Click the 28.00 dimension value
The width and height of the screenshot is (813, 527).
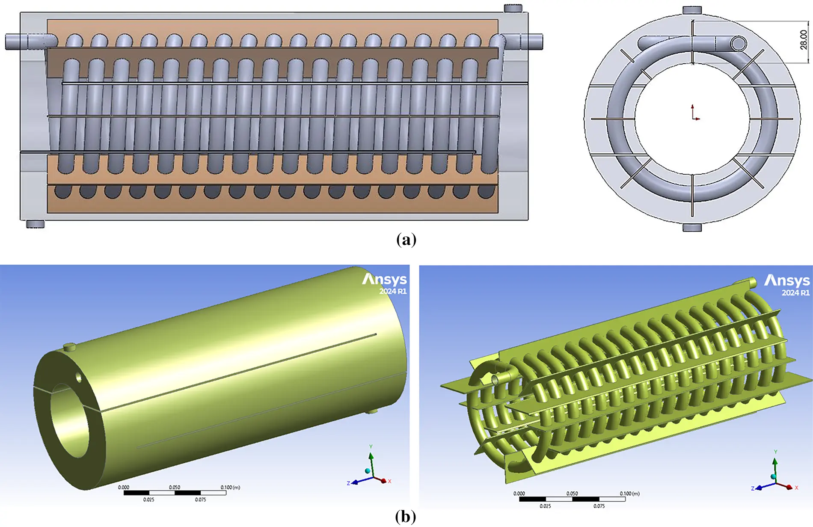pyautogui.click(x=804, y=40)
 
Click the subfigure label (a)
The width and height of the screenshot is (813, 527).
pyautogui.click(x=406, y=239)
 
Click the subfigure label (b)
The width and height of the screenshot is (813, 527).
pyautogui.click(x=405, y=517)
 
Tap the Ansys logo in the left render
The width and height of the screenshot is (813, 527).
pyautogui.click(x=384, y=280)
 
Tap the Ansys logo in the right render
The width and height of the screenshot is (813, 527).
pyautogui.click(x=787, y=281)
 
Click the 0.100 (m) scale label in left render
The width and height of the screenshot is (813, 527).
pyautogui.click(x=230, y=487)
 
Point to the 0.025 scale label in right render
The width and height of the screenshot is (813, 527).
pyautogui.click(x=545, y=506)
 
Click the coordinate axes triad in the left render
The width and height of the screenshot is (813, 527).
pyautogui.click(x=371, y=471)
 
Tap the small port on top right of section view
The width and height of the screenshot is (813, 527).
pyautogui.click(x=513, y=8)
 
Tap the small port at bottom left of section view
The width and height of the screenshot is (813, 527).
pyautogui.click(x=35, y=224)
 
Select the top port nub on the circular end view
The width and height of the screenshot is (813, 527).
pyautogui.click(x=692, y=10)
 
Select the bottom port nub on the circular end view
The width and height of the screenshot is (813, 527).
pyautogui.click(x=692, y=227)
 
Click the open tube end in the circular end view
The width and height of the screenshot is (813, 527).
pyautogui.click(x=738, y=43)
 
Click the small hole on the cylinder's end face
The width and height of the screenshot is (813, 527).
pyautogui.click(x=79, y=377)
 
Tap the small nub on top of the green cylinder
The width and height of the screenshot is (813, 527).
pyautogui.click(x=69, y=346)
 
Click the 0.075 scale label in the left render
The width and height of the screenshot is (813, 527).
pyautogui.click(x=200, y=500)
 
